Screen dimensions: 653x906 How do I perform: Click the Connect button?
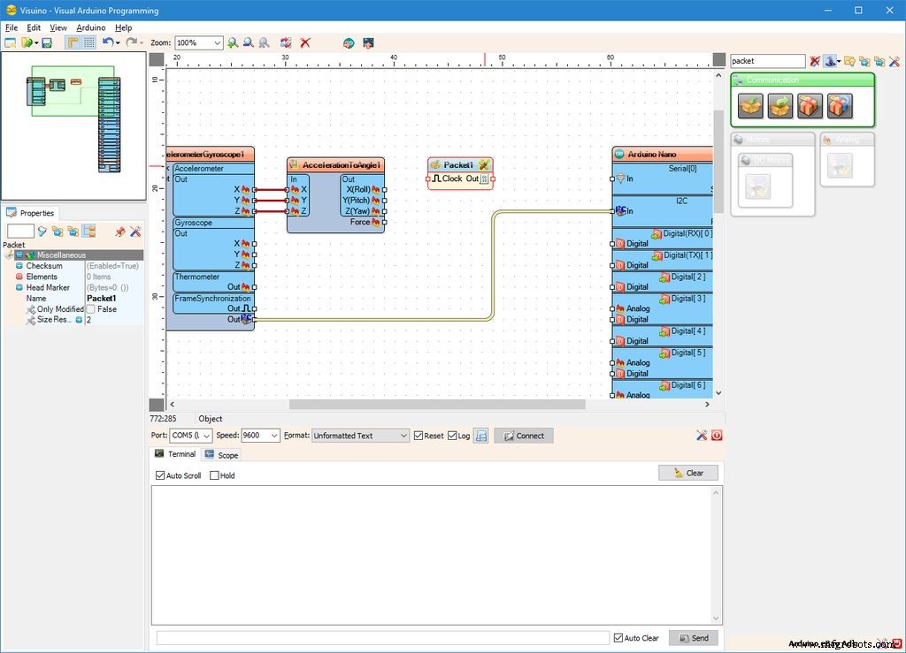523,436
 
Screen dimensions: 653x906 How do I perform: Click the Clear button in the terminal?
687,473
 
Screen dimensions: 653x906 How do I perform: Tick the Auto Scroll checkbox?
160,475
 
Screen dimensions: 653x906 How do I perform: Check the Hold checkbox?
214,475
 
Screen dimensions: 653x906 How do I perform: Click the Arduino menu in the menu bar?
90,28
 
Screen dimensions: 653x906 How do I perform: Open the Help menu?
123,28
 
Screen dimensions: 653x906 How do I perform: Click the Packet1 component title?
458,165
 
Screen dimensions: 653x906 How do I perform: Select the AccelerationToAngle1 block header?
342,165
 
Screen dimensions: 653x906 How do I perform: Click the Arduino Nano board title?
654,155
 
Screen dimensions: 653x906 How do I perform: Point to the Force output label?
359,222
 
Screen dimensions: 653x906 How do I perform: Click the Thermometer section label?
196,277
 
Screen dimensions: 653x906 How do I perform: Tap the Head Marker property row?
48,287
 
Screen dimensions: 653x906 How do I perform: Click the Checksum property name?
44,266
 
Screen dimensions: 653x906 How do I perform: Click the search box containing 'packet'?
766,61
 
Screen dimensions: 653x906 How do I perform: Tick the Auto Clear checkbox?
618,638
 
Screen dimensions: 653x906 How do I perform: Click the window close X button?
885,11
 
